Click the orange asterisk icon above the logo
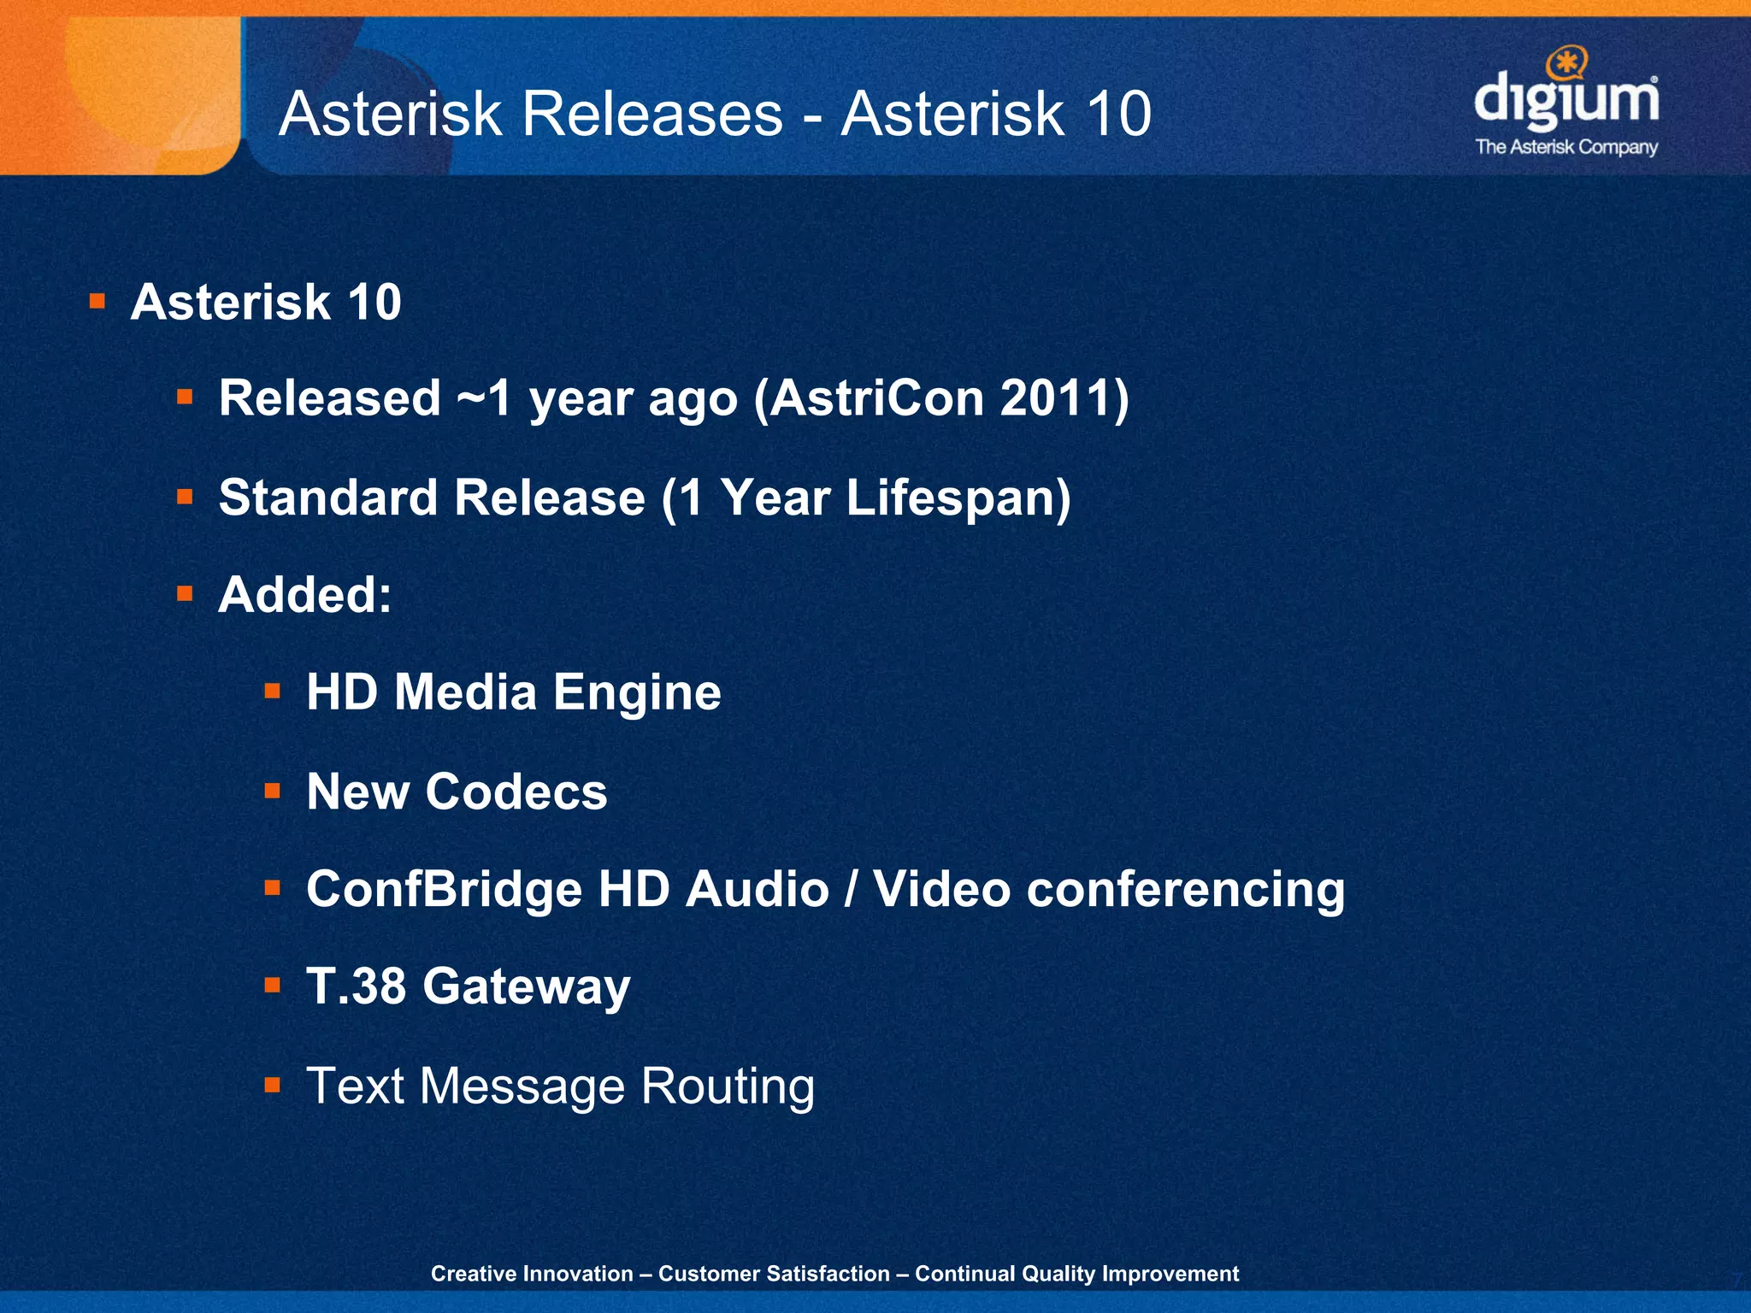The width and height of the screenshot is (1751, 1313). pos(1566,62)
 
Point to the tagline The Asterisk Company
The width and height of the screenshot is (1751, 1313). pos(1566,147)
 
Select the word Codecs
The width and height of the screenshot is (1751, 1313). pos(516,792)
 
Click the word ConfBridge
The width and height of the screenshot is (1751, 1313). pos(445,890)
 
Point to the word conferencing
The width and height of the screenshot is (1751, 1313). pos(1186,890)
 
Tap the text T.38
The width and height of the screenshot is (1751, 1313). pos(356,986)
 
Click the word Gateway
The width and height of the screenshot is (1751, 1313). pos(526,988)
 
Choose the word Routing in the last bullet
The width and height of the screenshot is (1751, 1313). pos(728,1086)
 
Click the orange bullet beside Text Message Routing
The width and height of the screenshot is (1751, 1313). pos(273,1086)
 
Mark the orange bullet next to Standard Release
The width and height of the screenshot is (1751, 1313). pos(185,497)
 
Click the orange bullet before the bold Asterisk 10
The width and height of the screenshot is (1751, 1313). pos(97,301)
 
